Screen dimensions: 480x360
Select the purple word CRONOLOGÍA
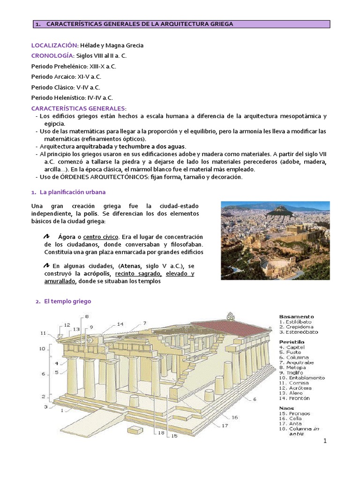coord(52,55)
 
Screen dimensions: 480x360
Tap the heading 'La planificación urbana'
coord(75,192)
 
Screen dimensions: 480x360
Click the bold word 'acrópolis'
coord(97,273)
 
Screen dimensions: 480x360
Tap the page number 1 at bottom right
coord(324,442)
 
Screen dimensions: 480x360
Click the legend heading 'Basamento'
coord(296,316)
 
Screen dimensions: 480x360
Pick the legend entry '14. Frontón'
coord(294,398)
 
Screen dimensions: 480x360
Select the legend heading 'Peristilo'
coord(292,342)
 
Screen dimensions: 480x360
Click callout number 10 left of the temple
coord(42,348)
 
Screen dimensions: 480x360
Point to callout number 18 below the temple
coord(161,433)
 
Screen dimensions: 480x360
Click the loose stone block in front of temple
coord(135,430)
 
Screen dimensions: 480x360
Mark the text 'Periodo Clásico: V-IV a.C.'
coord(66,87)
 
